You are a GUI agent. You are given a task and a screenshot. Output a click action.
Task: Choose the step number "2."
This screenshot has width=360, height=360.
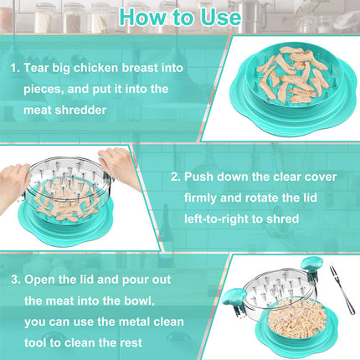[175, 177]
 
